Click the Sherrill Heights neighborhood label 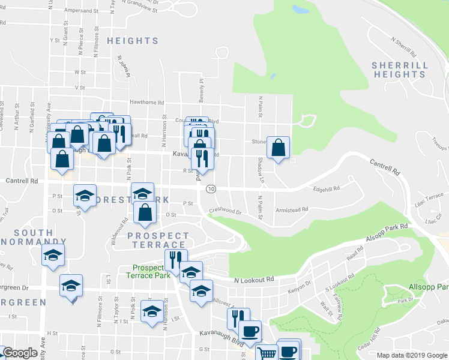[x=399, y=70]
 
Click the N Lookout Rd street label [x=254, y=280]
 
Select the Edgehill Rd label [x=327, y=188]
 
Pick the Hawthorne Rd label [x=142, y=103]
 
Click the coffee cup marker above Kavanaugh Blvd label [x=250, y=331]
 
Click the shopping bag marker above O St [x=145, y=212]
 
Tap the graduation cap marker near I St [x=151, y=311]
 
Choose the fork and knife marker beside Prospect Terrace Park [x=175, y=260]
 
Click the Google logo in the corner [x=20, y=353]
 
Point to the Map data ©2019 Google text [x=412, y=355]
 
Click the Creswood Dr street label [x=225, y=211]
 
